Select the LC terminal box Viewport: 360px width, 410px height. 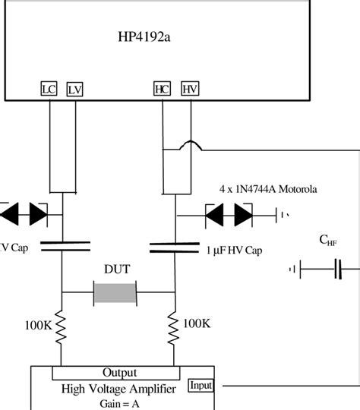(48, 90)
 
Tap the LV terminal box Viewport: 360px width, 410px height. (74, 90)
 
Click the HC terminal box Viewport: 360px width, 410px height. (163, 90)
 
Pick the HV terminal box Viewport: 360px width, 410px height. (189, 90)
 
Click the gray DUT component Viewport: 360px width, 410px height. (115, 292)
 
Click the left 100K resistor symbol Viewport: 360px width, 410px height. (62, 326)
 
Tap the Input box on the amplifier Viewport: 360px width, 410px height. (201, 385)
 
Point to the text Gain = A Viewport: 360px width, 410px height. (118, 403)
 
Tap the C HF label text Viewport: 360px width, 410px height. (328, 241)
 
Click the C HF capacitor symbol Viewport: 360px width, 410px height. (337, 268)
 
